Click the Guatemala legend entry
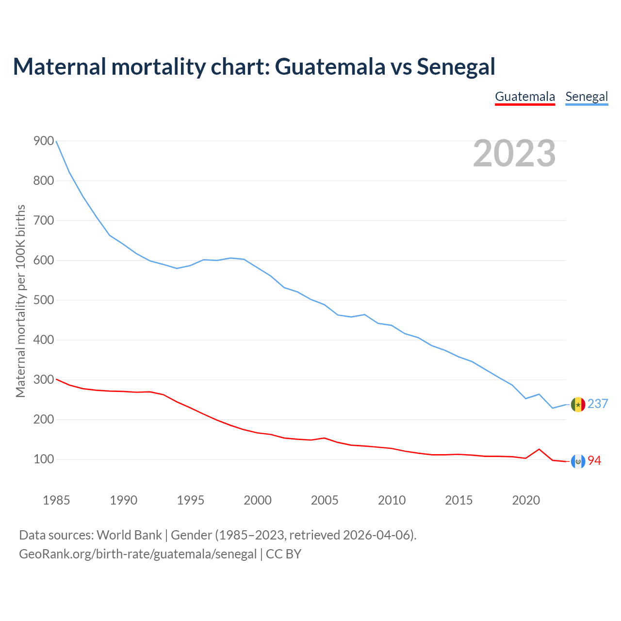[x=525, y=97]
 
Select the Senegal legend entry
[x=587, y=97]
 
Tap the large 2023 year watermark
[x=514, y=153]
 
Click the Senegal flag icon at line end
[x=578, y=404]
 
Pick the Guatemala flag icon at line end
[x=578, y=461]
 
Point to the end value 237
[x=598, y=404]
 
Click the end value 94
[x=594, y=460]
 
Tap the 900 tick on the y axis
[x=44, y=141]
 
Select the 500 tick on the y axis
[x=44, y=300]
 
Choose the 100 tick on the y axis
[x=44, y=459]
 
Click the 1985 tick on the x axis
[x=56, y=500]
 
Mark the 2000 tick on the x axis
[x=258, y=500]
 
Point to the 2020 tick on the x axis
[x=526, y=500]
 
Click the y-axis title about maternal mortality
[x=20, y=301]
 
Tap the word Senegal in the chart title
[x=456, y=66]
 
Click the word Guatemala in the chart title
[x=330, y=66]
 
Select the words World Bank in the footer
[x=129, y=535]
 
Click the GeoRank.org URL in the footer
[x=138, y=554]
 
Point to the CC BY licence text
[x=284, y=554]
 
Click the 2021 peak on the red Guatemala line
[x=539, y=449]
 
